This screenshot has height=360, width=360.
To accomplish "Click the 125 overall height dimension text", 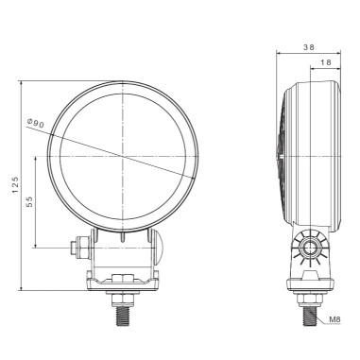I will point(13,186).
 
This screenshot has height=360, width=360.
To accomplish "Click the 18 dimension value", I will point(325,60).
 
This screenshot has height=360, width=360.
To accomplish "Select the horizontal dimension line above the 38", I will point(306,52).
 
